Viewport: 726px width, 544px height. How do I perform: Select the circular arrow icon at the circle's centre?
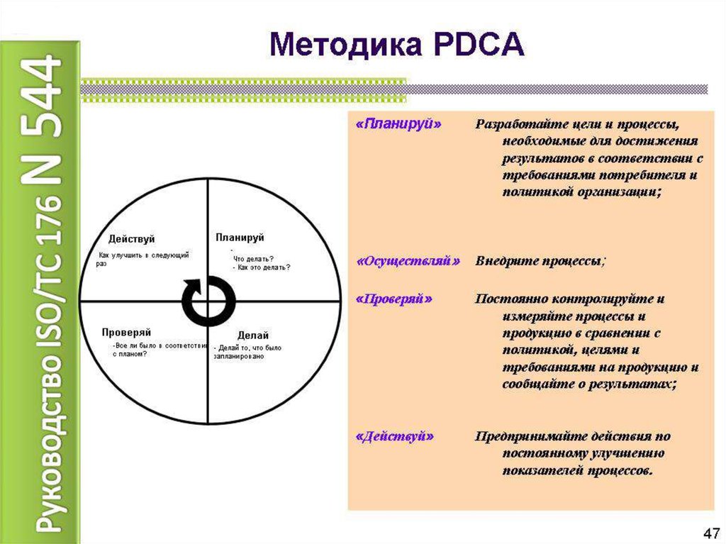pyautogui.click(x=207, y=301)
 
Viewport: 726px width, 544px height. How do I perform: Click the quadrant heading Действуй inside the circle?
pyautogui.click(x=132, y=239)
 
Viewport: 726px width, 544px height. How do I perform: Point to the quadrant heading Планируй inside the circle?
pyautogui.click(x=240, y=237)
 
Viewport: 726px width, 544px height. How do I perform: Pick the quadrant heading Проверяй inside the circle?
pyautogui.click(x=126, y=332)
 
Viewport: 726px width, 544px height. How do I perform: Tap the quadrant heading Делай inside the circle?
pyautogui.click(x=253, y=334)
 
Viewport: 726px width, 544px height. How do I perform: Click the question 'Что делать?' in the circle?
pyautogui.click(x=254, y=259)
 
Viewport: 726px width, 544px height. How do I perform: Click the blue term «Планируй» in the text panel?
pyautogui.click(x=398, y=123)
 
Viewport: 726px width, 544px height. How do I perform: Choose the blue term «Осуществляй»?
pyautogui.click(x=408, y=261)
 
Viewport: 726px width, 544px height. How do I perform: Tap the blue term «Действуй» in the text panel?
pyautogui.click(x=393, y=437)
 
